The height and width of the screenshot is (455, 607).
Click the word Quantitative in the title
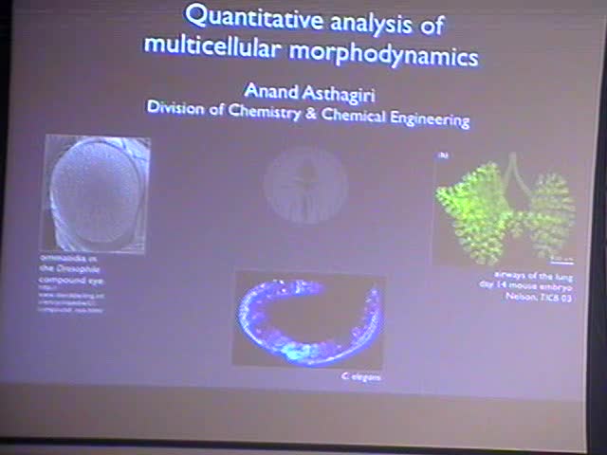[244, 17]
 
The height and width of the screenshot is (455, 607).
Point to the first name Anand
[271, 90]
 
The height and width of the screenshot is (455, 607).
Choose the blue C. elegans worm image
[307, 318]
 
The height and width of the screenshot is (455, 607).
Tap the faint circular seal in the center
[304, 183]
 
